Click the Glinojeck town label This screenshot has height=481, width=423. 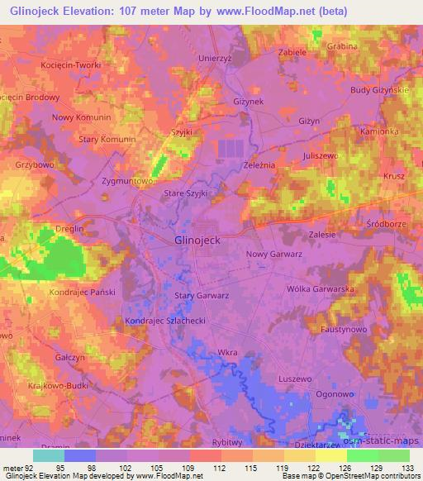point(198,240)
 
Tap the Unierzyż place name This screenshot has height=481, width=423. point(218,59)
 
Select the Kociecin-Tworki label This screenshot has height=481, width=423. point(69,64)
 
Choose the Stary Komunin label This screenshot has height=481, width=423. point(107,140)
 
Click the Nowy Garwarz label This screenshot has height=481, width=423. point(273,255)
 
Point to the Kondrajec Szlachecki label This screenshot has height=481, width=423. point(164,321)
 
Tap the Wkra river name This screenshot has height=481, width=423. point(227,353)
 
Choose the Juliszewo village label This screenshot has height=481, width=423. point(321,155)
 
